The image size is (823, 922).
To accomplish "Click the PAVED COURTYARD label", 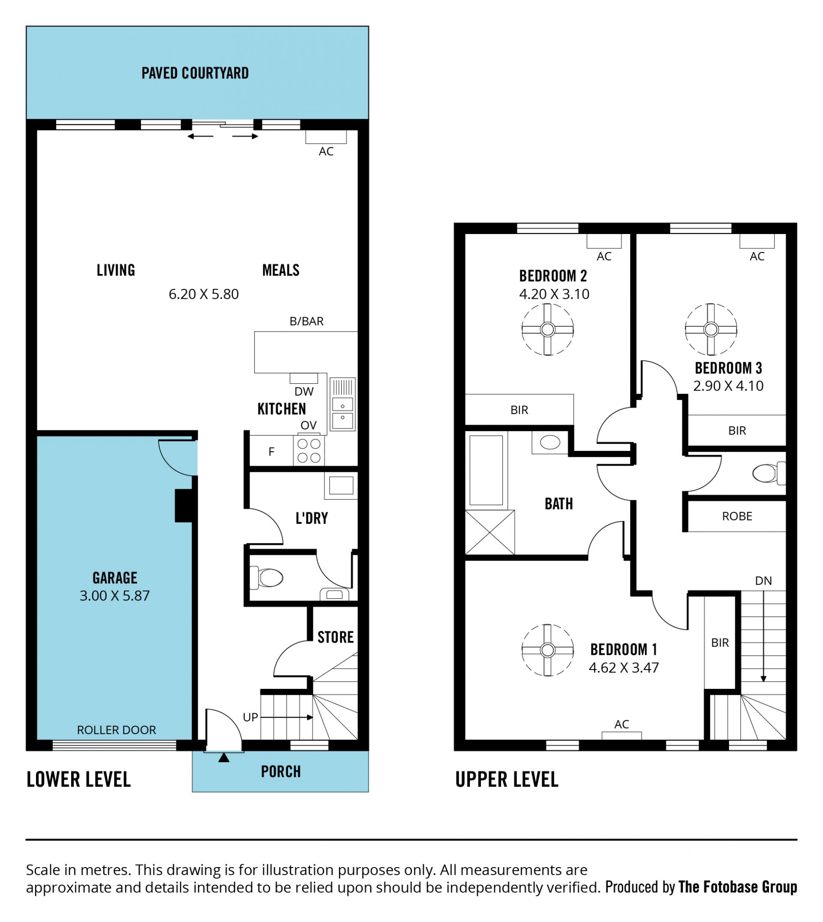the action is coord(195,73).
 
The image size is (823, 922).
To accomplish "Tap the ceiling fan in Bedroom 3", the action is coord(711,329).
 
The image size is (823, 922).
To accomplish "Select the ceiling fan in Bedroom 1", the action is coord(548,650).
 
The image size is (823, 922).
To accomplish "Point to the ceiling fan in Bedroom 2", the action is coord(548,329).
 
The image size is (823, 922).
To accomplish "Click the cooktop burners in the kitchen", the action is coord(309,450).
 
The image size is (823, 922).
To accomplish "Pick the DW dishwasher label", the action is coord(304,392).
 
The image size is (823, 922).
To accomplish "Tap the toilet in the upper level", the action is coord(769,473).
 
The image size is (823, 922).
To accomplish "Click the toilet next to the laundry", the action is coord(266,577).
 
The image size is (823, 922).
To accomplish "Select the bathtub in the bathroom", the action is coord(486,470).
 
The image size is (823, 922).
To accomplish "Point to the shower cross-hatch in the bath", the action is coord(490,532).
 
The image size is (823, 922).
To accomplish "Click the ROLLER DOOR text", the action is coord(116,730).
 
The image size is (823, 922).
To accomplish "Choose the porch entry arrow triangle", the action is coord(224,757).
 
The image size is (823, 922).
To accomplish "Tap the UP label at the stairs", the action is coord(250,717).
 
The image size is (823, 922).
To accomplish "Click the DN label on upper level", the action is coord(763,581).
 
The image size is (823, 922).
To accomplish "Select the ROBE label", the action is coord(737,516).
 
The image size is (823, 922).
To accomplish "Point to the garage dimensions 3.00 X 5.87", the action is coord(114,595).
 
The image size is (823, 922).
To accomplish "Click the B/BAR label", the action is coord(306,321).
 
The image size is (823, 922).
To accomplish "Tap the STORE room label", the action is coord(336,637).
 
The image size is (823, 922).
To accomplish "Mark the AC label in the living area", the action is coord(326,151).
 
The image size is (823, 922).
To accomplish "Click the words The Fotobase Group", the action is coord(738,887).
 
